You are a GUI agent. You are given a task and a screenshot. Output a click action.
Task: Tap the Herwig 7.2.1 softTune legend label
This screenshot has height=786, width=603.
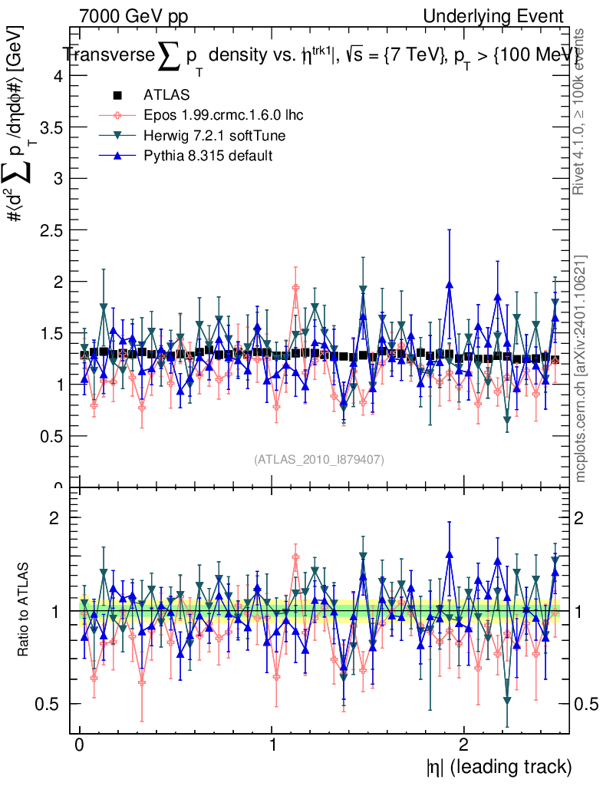pyautogui.click(x=216, y=136)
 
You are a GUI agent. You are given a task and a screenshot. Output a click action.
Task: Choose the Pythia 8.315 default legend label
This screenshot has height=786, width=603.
pyautogui.click(x=208, y=156)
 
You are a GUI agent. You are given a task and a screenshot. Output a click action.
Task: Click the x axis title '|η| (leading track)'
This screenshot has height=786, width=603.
pyautogui.click(x=498, y=766)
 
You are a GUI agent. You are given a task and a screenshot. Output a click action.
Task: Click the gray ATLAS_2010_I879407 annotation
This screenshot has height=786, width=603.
pyautogui.click(x=319, y=459)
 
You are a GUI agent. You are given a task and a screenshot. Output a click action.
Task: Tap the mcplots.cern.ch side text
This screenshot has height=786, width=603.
pyautogui.click(x=581, y=368)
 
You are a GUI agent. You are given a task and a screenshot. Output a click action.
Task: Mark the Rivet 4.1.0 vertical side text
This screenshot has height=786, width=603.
pyautogui.click(x=581, y=111)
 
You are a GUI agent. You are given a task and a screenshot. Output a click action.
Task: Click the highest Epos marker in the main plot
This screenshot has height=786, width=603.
pyautogui.click(x=295, y=288)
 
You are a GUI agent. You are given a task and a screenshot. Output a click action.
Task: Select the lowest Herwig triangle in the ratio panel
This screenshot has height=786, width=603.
pyautogui.click(x=507, y=700)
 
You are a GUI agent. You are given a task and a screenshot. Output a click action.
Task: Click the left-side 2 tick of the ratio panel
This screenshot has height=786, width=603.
pyautogui.click(x=55, y=518)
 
